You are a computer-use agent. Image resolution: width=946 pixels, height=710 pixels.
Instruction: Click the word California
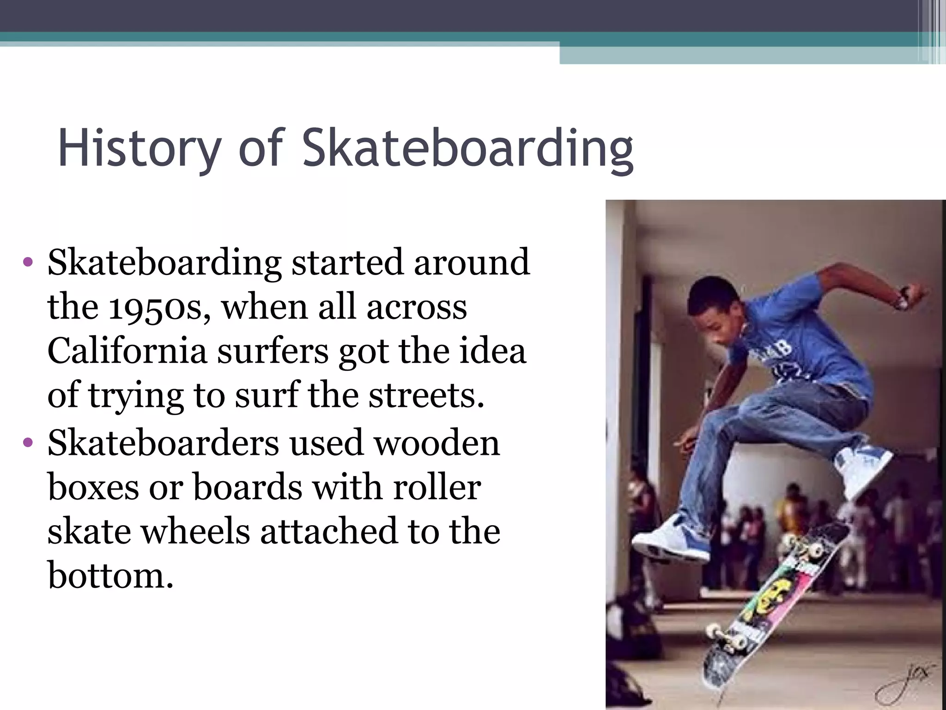tap(127, 351)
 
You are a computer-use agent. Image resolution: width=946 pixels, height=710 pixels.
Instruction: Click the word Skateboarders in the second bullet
tap(164, 443)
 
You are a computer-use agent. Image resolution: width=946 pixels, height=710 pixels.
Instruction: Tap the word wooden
tap(437, 443)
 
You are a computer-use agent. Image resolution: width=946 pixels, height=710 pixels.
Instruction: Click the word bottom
tap(111, 576)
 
